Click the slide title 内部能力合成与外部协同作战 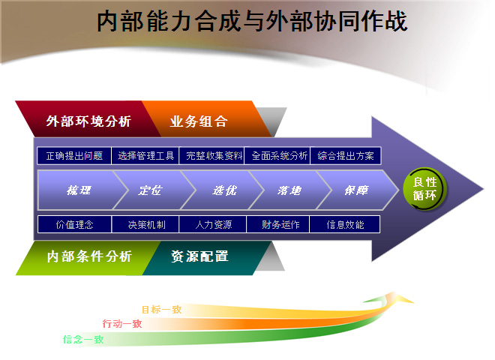coord(251,22)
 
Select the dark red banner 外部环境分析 coord(88,119)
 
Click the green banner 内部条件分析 coord(88,258)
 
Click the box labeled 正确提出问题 coord(74,156)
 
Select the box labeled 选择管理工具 coord(145,156)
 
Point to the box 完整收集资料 coord(211,156)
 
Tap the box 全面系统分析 coord(277,156)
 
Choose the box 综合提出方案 coord(346,156)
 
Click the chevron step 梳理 coord(79,190)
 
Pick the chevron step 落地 coord(289,190)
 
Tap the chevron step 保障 coord(357,190)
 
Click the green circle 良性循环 coord(424,189)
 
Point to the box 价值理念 coord(74,224)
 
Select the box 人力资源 coord(213,224)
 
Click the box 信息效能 coord(345,224)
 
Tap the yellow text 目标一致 coord(162,310)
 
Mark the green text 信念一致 coord(83,340)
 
